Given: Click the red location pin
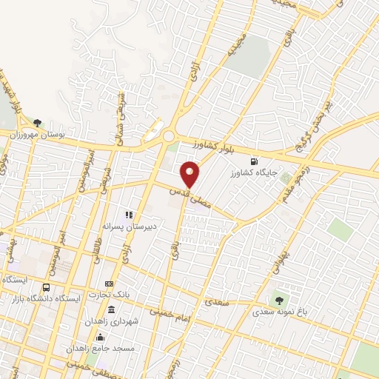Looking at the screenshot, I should tap(191, 173).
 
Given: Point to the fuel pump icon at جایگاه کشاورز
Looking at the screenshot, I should tap(255, 161).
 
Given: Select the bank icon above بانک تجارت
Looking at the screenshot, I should tap(110, 284).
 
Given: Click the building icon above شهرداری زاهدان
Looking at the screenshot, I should tap(111, 309).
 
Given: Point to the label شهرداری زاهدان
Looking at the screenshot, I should tap(112, 321).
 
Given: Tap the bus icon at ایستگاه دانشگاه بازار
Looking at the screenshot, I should tap(47, 287).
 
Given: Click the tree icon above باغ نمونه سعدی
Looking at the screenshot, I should tap(279, 300).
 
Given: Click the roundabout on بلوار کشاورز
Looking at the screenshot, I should tap(170, 136).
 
